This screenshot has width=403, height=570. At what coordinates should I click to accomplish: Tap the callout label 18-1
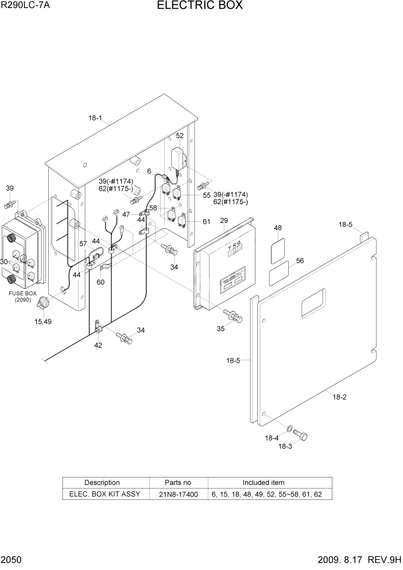click(x=95, y=119)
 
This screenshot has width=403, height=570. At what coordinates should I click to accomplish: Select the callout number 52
click(x=180, y=136)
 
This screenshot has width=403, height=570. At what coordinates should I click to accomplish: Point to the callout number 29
click(x=224, y=221)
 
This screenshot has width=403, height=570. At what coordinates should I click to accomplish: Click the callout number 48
click(x=278, y=229)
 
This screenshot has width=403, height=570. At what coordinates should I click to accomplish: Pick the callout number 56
click(x=300, y=261)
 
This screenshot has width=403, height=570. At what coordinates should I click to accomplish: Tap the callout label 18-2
click(x=340, y=396)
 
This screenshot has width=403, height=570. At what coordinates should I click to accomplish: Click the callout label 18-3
click(x=285, y=446)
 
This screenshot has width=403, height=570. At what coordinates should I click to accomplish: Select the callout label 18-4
click(x=272, y=438)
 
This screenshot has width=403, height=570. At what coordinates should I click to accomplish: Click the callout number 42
click(x=98, y=345)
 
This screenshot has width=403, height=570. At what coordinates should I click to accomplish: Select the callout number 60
click(x=100, y=282)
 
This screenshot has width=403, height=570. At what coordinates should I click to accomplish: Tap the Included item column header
click(x=263, y=483)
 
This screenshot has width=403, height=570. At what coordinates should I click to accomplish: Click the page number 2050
click(x=11, y=560)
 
